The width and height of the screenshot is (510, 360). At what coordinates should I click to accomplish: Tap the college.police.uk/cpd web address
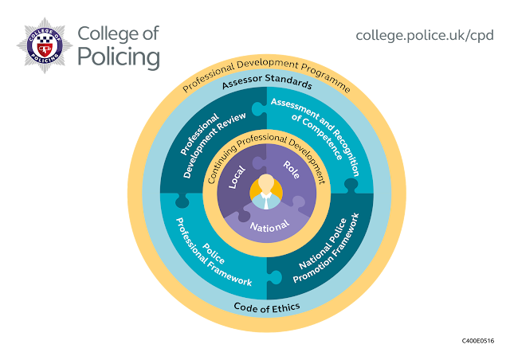(425, 35)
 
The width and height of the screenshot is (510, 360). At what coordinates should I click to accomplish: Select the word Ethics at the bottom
(277, 307)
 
